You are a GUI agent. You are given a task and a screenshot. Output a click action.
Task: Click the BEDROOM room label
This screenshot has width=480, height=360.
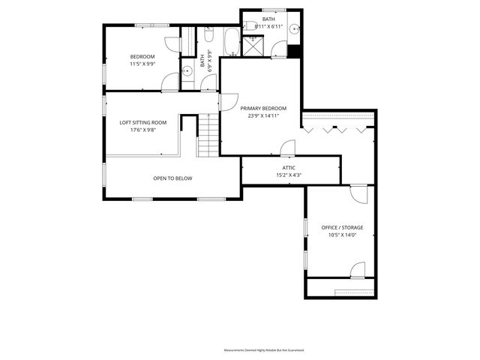pyautogui.click(x=142, y=57)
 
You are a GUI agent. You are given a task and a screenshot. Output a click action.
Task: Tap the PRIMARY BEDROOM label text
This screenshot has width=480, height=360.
pyautogui.click(x=263, y=108)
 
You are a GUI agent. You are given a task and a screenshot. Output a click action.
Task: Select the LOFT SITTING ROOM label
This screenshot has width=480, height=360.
pyautogui.click(x=143, y=122)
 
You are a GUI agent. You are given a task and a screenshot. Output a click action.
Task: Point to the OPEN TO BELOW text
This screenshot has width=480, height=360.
pyautogui.click(x=172, y=178)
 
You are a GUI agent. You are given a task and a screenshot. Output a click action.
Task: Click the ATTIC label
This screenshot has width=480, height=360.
pyautogui.click(x=289, y=168)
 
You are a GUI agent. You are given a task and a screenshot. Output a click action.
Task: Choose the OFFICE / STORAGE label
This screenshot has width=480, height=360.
pyautogui.click(x=342, y=227)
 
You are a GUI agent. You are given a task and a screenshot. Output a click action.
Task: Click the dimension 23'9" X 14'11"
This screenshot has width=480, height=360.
pyautogui.click(x=263, y=116)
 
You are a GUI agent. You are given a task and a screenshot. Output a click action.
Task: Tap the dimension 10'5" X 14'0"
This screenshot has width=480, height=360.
pyautogui.click(x=342, y=235)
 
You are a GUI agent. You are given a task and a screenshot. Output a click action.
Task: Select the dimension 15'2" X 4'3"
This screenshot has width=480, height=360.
pyautogui.click(x=289, y=175)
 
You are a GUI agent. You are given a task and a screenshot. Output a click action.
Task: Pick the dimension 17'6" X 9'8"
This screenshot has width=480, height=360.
pyautogui.click(x=143, y=130)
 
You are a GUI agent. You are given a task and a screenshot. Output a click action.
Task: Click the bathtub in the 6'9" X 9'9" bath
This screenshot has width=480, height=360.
pyautogui.click(x=232, y=42)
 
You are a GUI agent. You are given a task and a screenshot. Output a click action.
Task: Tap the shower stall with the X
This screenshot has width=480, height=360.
pyautogui.click(x=253, y=46)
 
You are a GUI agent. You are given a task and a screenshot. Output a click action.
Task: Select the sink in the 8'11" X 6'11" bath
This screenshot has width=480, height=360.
pyautogui.click(x=295, y=29)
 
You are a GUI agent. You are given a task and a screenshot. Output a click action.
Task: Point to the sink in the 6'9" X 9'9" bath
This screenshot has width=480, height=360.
pyautogui.click(x=187, y=72)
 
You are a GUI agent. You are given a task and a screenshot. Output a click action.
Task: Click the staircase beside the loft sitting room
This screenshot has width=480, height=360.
pyautogui.click(x=208, y=135)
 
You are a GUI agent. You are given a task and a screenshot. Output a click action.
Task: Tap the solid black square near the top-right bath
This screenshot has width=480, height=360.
pyautogui.click(x=294, y=51)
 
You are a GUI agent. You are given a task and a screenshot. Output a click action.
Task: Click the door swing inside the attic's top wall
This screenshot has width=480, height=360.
pyautogui.click(x=288, y=148)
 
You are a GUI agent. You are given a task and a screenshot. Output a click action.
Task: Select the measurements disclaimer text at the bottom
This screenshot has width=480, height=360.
pyautogui.click(x=264, y=350)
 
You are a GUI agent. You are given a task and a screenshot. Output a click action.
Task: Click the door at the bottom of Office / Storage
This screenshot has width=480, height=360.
pyautogui.click(x=358, y=270)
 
